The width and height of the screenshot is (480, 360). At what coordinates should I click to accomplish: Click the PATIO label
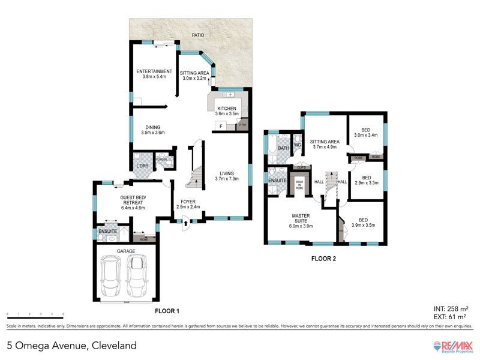click(x=197, y=35)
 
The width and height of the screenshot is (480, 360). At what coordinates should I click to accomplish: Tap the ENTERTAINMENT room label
click(x=154, y=71)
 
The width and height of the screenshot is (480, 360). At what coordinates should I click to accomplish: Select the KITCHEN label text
click(x=228, y=109)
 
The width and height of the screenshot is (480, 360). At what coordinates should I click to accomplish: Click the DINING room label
click(x=152, y=127)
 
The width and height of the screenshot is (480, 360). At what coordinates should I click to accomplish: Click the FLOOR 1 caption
click(x=167, y=311)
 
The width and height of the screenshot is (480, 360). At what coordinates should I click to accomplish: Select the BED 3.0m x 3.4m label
click(x=367, y=131)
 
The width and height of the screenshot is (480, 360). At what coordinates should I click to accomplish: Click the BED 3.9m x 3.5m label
click(x=364, y=223)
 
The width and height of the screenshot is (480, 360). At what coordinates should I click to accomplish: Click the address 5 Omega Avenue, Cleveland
click(x=71, y=346)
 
